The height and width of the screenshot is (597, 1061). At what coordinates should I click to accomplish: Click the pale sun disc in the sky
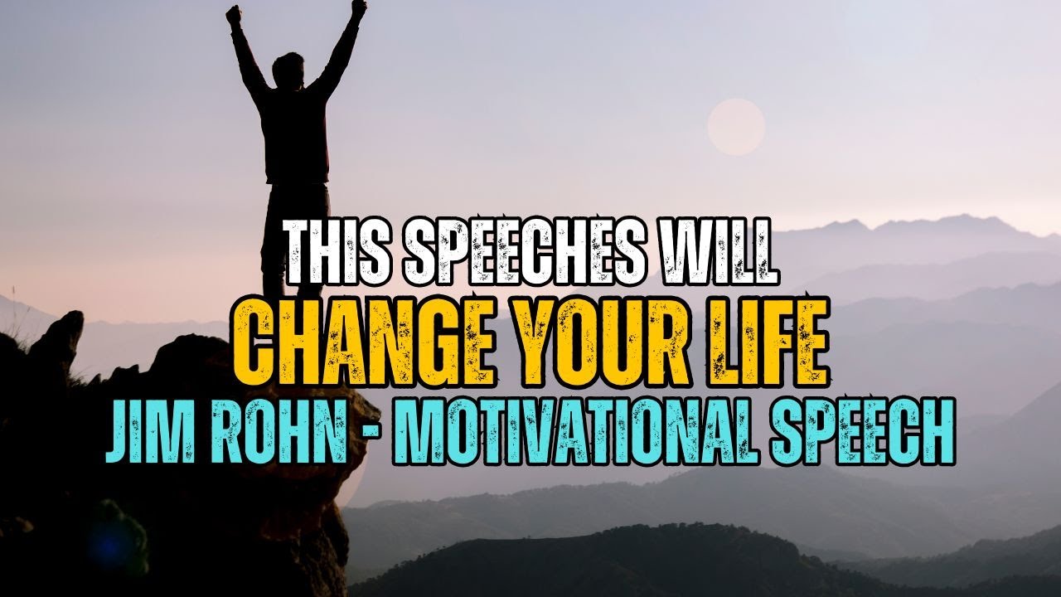(x=736, y=127)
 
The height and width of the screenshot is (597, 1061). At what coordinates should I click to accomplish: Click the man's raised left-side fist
(x=235, y=14)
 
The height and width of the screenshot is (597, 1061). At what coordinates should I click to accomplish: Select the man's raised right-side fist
(x=358, y=8)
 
